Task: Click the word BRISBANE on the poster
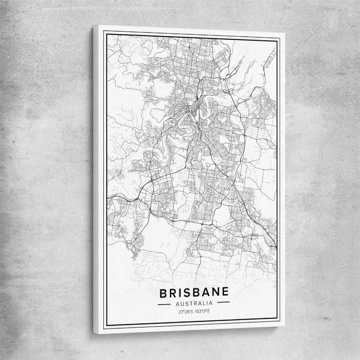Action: pos(194,293)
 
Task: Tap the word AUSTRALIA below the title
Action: pos(194,303)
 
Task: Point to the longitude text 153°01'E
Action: pos(202,311)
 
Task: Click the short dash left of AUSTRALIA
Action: pos(164,304)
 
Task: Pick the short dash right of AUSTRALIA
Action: pos(223,302)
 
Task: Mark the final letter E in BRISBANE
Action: pos(225,292)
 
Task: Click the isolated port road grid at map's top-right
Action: pos(270,58)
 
